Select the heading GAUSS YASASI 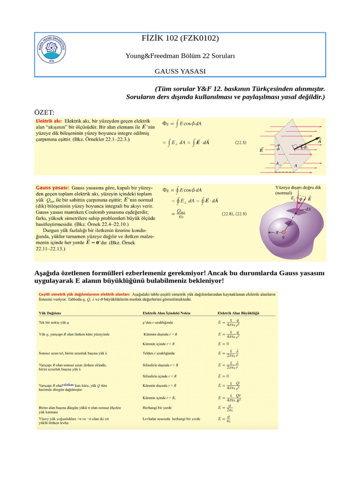[180, 71]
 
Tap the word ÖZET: [45, 112]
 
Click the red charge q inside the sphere [284, 232]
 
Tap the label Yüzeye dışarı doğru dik [298, 187]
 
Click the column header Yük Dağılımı [49, 313]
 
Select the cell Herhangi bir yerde [157, 408]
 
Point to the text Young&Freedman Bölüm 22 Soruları [180, 56]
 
